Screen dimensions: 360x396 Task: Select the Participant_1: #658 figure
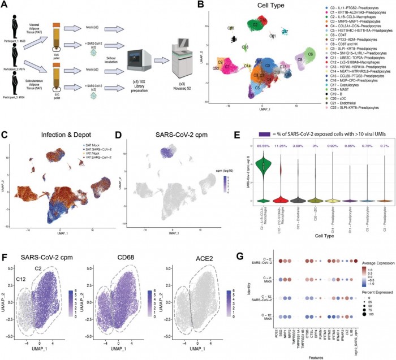pyautogui.click(x=18, y=26)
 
